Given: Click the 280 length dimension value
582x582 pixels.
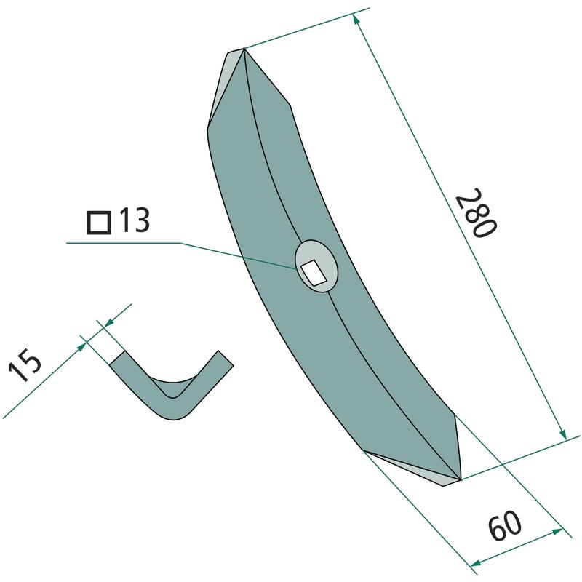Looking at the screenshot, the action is [x=476, y=212].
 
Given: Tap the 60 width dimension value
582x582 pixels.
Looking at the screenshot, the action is [x=505, y=525].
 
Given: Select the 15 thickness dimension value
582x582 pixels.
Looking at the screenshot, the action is [x=25, y=365].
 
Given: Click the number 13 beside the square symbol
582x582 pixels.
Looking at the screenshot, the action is [x=135, y=220].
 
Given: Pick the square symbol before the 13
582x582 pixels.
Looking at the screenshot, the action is [x=99, y=223].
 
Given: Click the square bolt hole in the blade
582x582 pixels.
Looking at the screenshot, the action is [x=314, y=273].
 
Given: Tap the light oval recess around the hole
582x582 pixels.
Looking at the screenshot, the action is [x=316, y=266].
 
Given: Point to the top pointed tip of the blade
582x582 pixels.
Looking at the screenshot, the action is [x=244, y=49].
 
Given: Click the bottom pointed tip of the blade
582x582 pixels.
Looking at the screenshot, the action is [x=461, y=479].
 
